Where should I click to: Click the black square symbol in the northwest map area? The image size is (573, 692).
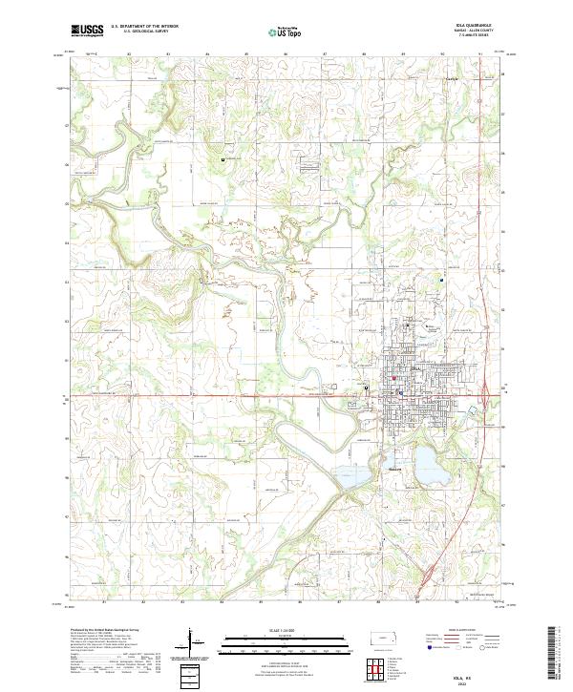pos(223,159)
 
